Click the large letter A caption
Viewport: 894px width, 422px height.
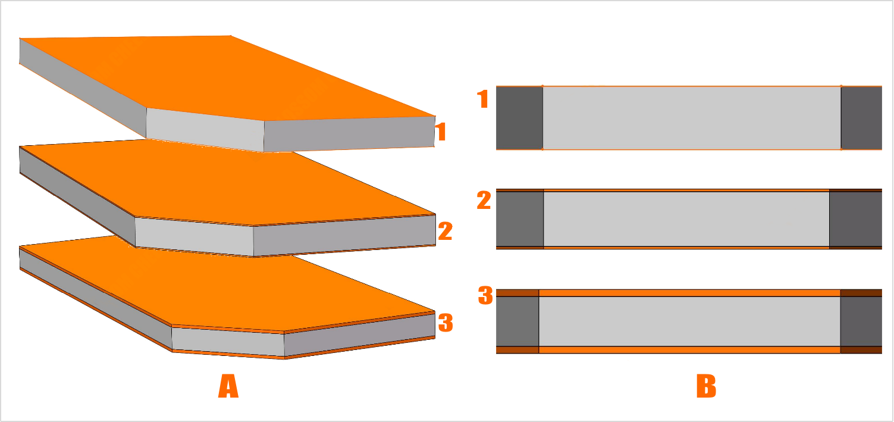tap(228, 386)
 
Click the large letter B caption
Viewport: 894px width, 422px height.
tap(707, 386)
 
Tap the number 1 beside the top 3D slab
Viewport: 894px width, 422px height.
tap(440, 132)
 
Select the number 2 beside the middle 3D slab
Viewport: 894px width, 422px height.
tap(446, 231)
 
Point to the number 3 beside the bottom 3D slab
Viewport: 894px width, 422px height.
tap(446, 323)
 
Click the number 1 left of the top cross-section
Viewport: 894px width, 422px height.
tap(483, 99)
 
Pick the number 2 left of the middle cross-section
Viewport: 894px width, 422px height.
tap(484, 201)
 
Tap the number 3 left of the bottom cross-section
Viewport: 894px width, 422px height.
tap(486, 295)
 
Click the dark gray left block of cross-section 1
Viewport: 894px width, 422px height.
tap(519, 118)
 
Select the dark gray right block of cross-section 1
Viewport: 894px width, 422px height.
tap(861, 118)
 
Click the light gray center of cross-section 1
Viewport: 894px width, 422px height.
tap(692, 118)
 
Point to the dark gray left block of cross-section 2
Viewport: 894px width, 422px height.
tap(520, 219)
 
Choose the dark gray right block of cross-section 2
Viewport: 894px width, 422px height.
tap(856, 219)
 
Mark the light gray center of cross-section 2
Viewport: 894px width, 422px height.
tap(686, 219)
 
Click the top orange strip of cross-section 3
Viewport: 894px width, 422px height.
tap(689, 293)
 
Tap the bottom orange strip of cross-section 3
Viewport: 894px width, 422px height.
tap(689, 350)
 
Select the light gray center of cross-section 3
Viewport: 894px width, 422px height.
tap(689, 321)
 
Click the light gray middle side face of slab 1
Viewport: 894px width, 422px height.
tap(205, 130)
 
